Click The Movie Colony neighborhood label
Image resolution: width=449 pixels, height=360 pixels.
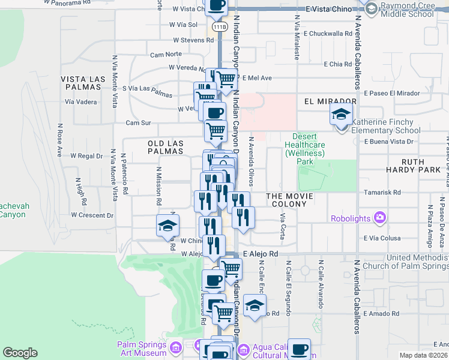tap(286, 200)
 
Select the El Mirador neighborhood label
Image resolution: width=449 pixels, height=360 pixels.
tap(326, 102)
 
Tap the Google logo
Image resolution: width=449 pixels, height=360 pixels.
tap(20, 353)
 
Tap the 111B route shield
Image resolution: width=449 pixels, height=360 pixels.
tap(220, 27)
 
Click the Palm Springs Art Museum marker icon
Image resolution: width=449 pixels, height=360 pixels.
tap(176, 347)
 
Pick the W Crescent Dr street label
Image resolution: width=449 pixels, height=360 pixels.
tap(92, 214)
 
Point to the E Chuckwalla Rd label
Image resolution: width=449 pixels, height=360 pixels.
tap(332, 34)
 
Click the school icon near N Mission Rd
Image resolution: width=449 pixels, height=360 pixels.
tap(167, 225)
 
